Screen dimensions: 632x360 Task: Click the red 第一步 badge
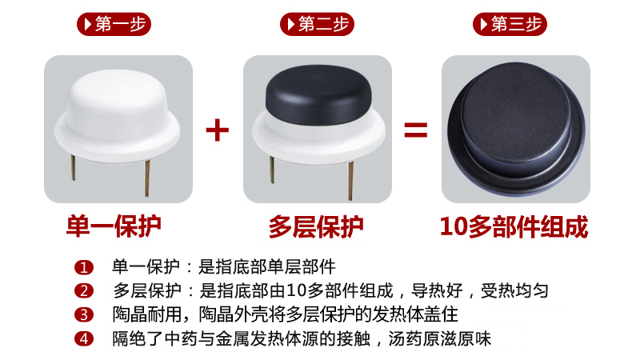[x=114, y=24]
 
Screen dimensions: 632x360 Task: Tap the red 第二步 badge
[x=317, y=24]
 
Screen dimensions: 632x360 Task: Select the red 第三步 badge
[x=510, y=24]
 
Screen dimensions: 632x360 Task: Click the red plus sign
[x=218, y=130]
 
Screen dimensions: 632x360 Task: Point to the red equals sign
[x=415, y=130]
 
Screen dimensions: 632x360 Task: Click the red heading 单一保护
[x=114, y=226]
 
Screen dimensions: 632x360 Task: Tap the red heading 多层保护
[x=316, y=226]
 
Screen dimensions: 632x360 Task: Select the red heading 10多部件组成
[x=514, y=226]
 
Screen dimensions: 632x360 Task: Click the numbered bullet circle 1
[x=84, y=268]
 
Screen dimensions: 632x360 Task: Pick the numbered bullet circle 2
[x=84, y=291]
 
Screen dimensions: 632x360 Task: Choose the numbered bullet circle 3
[x=84, y=315]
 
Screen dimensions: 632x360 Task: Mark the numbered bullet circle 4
[x=84, y=338]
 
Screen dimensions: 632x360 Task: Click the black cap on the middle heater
[x=318, y=94]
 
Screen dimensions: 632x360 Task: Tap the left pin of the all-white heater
[x=74, y=167]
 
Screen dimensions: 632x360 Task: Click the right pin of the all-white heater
[x=147, y=178]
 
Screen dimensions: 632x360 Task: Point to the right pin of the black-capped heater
[x=350, y=180]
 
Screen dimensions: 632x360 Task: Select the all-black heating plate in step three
[x=516, y=129]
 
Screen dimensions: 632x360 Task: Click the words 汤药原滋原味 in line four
[x=440, y=338]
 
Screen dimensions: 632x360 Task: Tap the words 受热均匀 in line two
[x=514, y=291]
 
